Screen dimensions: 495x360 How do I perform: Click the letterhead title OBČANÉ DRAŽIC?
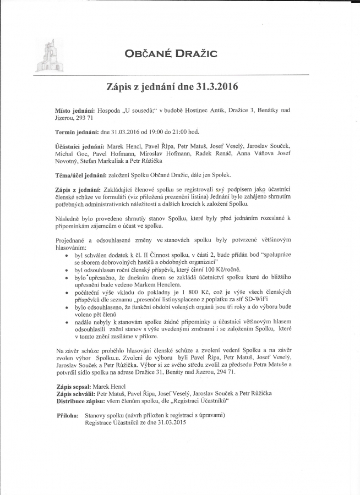[x=171, y=53]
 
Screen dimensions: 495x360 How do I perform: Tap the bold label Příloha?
[x=68, y=416]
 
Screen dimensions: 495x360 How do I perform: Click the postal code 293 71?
[x=84, y=118]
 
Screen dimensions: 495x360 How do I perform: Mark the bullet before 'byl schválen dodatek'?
[x=67, y=256]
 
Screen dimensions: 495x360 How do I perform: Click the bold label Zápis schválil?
[x=76, y=394]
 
